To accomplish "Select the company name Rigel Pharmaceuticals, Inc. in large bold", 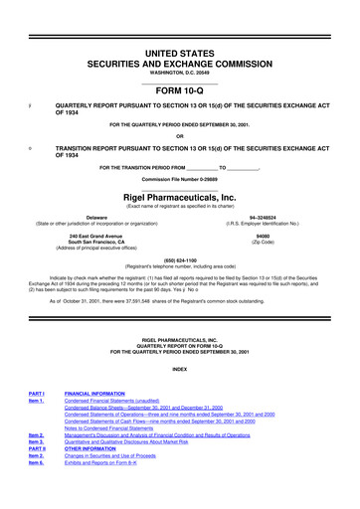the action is pyautogui.click(x=180, y=170).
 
